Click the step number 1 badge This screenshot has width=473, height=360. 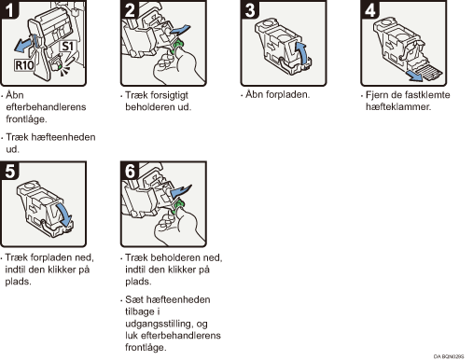(x=9, y=9)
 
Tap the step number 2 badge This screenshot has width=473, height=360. (x=130, y=9)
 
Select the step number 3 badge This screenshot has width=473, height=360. (x=250, y=9)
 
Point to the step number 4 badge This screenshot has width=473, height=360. (x=369, y=9)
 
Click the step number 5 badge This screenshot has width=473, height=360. (x=9, y=171)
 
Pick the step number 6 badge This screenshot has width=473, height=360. (x=130, y=171)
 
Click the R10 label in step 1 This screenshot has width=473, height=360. (x=24, y=65)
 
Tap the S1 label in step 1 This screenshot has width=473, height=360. (x=68, y=47)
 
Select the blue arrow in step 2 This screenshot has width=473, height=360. (x=180, y=30)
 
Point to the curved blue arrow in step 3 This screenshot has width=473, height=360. (x=301, y=53)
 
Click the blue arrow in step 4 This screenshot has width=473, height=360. (x=415, y=76)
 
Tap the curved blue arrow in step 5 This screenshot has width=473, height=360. (x=64, y=215)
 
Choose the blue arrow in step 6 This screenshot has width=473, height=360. (x=180, y=191)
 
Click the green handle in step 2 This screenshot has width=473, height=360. (x=177, y=46)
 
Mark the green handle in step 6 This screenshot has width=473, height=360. (x=177, y=206)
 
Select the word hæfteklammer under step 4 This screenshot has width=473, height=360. (x=398, y=106)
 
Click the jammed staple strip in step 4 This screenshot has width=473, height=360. (x=429, y=72)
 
